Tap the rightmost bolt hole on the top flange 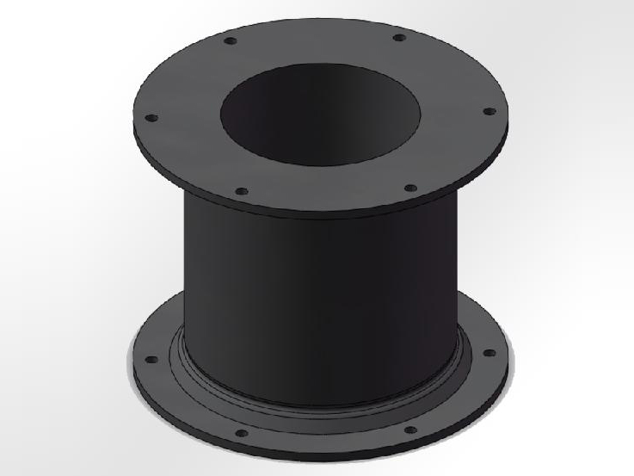489,112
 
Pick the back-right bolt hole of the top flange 397,37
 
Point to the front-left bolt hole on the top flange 242,190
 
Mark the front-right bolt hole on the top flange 409,187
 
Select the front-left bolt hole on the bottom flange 242,432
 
